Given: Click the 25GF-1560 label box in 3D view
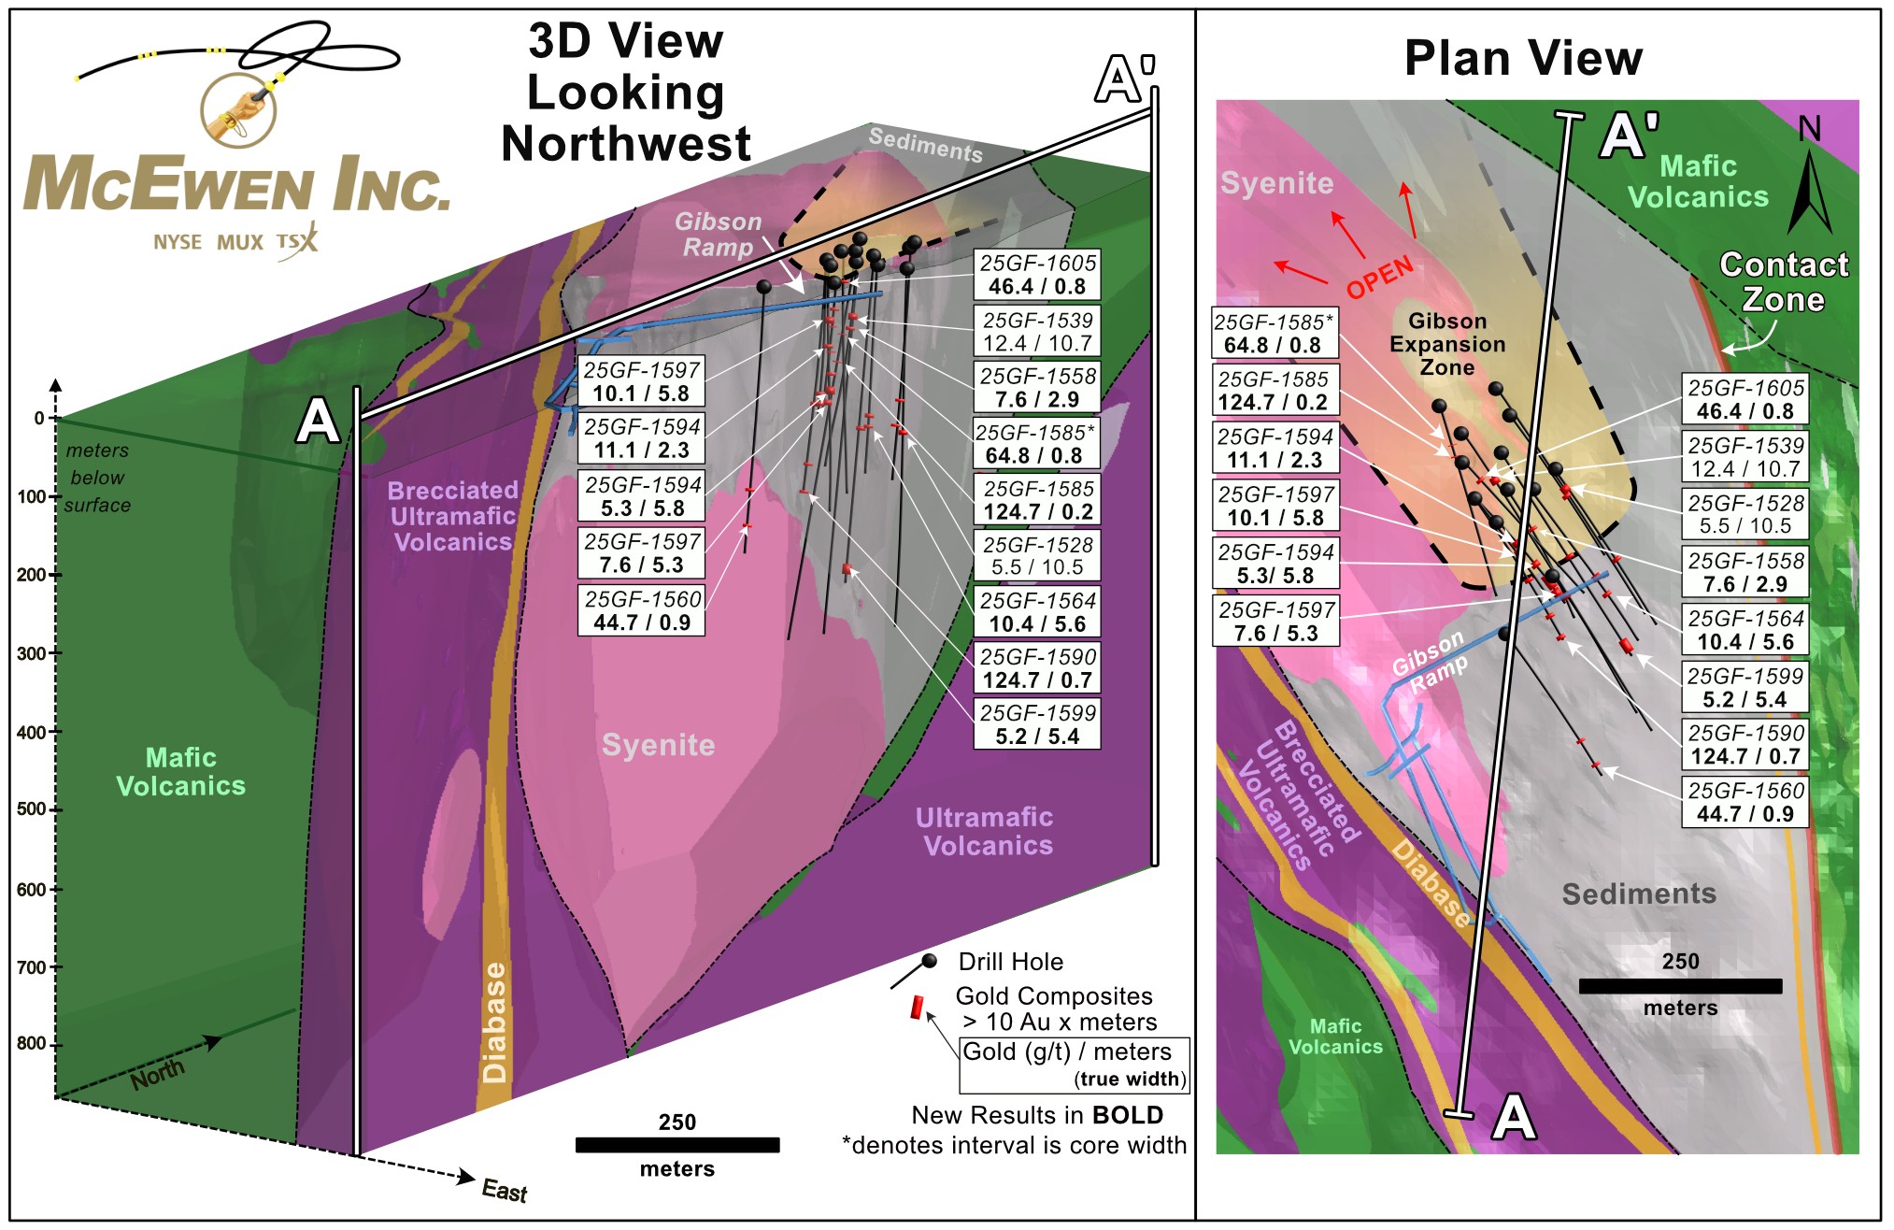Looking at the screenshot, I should [642, 610].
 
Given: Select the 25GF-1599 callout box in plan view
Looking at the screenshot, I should [1744, 688].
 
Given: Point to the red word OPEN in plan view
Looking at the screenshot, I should [1379, 277].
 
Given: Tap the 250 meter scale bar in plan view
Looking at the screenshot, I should [1679, 986].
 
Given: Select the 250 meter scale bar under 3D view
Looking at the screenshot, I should [676, 1145].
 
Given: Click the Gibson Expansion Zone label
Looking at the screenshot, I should [1446, 344].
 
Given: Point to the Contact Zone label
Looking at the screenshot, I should [1783, 281].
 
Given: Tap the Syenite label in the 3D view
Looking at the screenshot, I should [658, 745].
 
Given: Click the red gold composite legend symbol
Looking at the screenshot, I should [918, 1008].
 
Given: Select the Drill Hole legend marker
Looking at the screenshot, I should [927, 963].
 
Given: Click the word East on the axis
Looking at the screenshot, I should [504, 1191].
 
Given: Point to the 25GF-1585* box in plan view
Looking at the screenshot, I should [1275, 334].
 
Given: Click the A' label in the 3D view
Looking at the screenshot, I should [1124, 79].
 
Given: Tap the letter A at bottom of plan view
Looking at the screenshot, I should [1514, 1117].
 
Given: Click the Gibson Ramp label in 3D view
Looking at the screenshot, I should [718, 234].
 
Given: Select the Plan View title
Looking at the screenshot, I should [1523, 58].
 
